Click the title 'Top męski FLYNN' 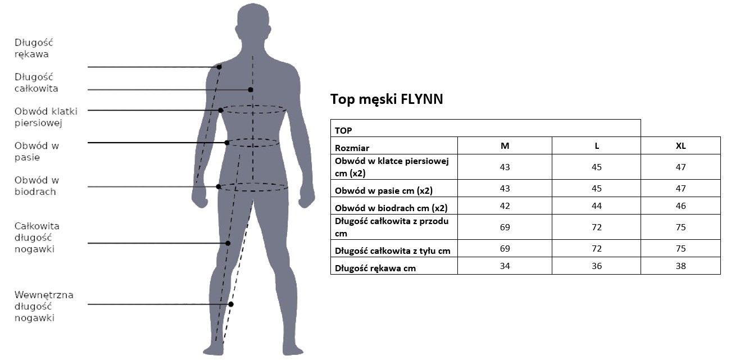point(387,99)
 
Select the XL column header point(680,146)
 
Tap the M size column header point(505,146)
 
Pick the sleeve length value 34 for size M point(505,266)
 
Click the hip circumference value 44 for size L point(597,206)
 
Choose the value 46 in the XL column point(680,206)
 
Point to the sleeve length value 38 point(680,266)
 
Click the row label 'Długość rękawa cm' point(375,268)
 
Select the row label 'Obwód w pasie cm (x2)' point(384,191)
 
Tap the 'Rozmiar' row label point(352,148)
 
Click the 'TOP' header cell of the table point(343,130)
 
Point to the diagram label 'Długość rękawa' point(34,48)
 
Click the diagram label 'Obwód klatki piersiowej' point(46,117)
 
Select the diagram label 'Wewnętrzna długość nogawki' point(44,306)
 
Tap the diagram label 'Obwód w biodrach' point(37,186)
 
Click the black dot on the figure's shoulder point(219,67)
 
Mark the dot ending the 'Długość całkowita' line point(250,90)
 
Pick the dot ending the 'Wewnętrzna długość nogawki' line point(231,304)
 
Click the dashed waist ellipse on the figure point(253,139)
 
